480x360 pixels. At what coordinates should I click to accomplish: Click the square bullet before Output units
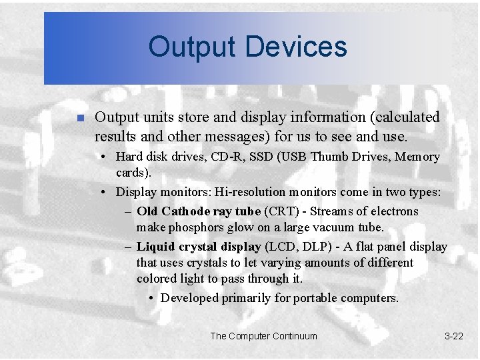tap(79, 118)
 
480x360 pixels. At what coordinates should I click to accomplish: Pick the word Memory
tap(418, 157)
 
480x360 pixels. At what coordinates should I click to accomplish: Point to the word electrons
tap(393, 211)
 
